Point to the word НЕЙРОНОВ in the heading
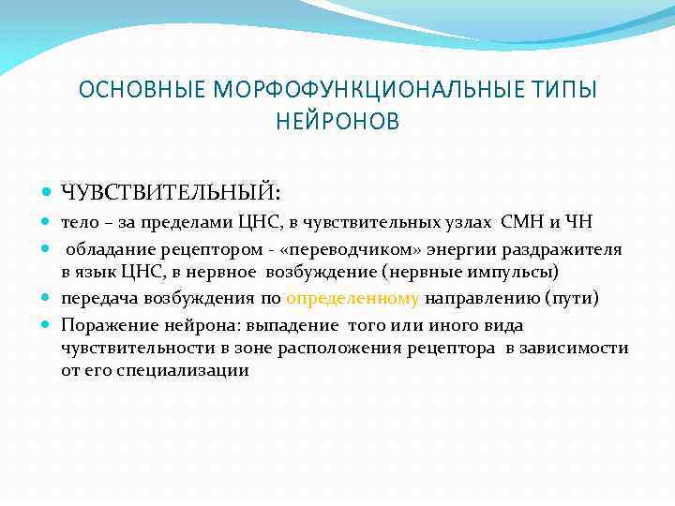tap(337, 122)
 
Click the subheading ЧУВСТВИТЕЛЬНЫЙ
tap(169, 192)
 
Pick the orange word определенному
tap(353, 299)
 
